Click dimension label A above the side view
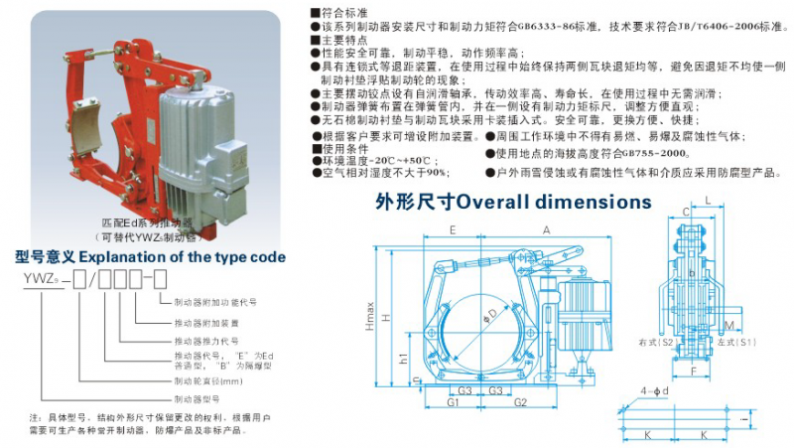tap(545, 229)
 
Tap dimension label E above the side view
tap(453, 229)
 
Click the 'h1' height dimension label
tap(403, 357)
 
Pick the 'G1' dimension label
tap(453, 403)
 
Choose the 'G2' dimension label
tap(520, 403)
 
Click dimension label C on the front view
tap(686, 212)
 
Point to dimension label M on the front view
tap(729, 325)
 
